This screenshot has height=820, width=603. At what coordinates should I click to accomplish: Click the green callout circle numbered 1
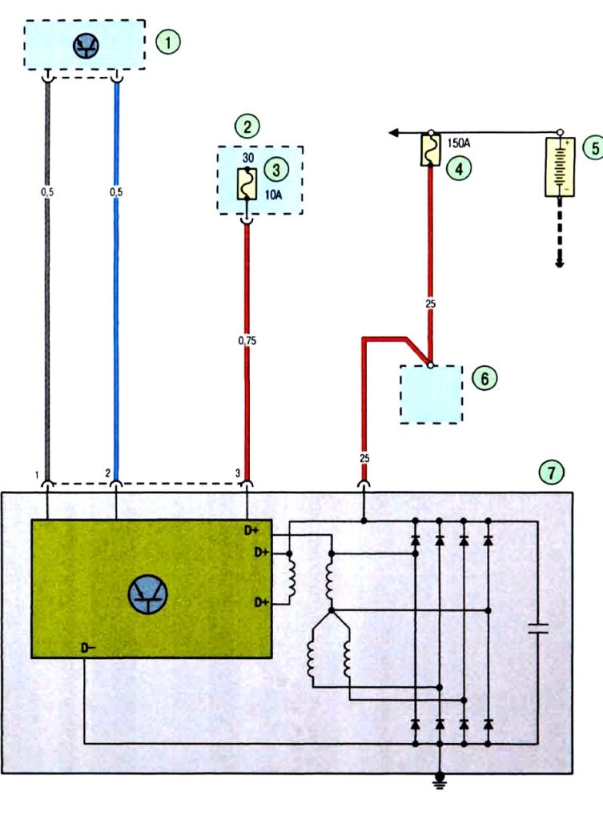[168, 42]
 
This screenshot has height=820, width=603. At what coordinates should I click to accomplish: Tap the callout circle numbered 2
[247, 126]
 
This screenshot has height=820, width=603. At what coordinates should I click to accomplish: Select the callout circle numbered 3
[275, 170]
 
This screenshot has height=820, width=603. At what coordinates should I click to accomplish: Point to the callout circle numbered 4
[459, 169]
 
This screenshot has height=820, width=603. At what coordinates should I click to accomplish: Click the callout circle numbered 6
[484, 378]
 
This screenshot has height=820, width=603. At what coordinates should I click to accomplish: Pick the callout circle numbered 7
[551, 472]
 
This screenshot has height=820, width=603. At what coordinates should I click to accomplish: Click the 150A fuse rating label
[459, 143]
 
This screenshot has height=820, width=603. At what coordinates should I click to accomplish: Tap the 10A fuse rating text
[273, 195]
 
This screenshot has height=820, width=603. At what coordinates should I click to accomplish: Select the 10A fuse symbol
[247, 183]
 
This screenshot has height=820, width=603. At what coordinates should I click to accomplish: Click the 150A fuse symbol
[430, 150]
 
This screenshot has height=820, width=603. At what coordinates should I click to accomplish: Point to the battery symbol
[560, 167]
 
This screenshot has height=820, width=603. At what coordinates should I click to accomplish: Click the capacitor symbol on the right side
[537, 628]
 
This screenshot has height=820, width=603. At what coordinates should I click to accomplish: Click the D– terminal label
[88, 649]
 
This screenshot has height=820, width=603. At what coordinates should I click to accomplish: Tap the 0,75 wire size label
[247, 340]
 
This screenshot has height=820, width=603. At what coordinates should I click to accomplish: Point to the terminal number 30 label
[248, 158]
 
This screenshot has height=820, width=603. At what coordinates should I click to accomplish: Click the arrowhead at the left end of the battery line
[394, 133]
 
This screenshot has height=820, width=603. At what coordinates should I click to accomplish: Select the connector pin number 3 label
[237, 473]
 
